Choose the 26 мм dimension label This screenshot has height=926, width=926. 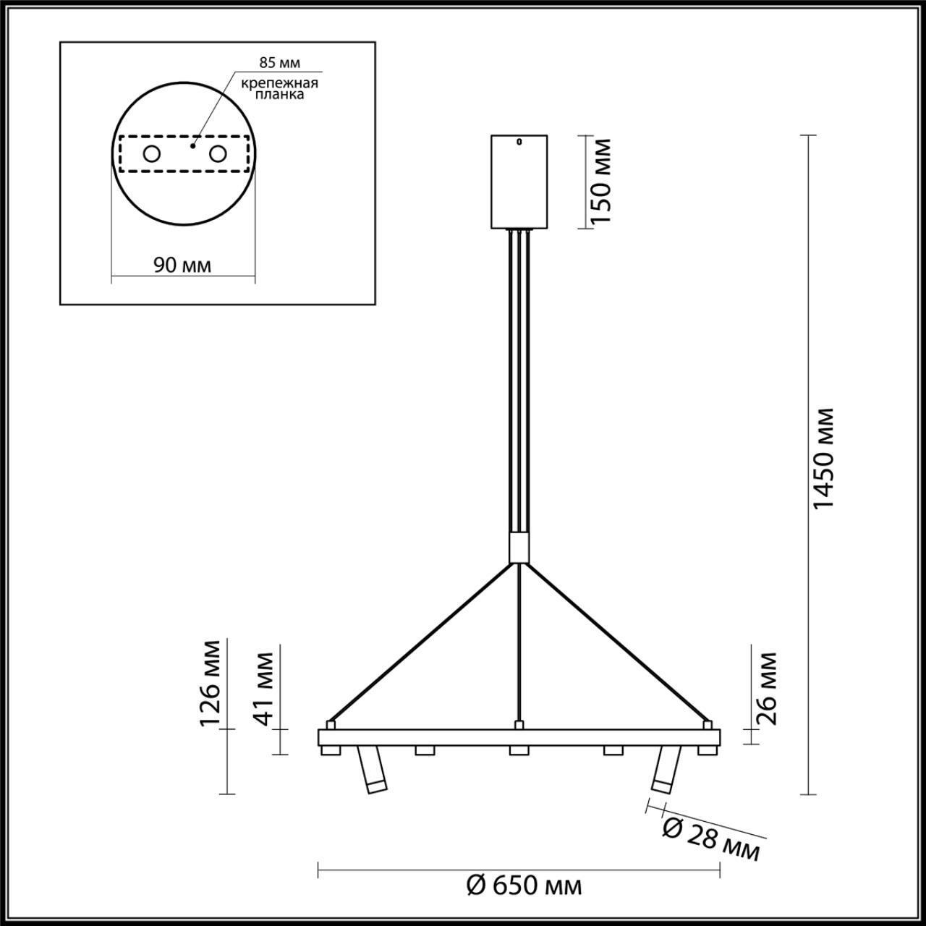pyautogui.click(x=766, y=688)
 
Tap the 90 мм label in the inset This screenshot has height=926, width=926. pyautogui.click(x=183, y=265)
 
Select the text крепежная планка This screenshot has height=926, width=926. pyautogui.click(x=279, y=88)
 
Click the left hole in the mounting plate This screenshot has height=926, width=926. pyautogui.click(x=151, y=153)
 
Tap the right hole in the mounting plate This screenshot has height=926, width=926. pyautogui.click(x=217, y=153)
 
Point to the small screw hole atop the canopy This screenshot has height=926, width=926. pyautogui.click(x=518, y=142)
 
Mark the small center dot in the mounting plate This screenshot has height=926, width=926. pyautogui.click(x=192, y=145)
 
